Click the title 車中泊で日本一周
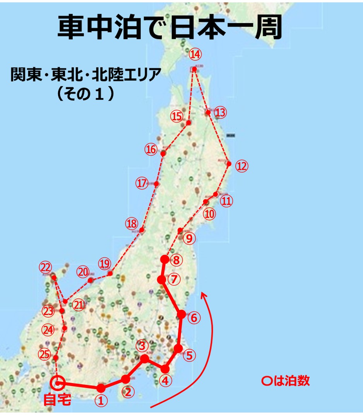[170, 28]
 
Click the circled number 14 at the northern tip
[195, 55]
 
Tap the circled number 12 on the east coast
[241, 166]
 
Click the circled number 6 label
[194, 318]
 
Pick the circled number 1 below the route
[101, 401]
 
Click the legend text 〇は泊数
[286, 381]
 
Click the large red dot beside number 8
[165, 259]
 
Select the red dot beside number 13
[208, 113]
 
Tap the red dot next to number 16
[163, 154]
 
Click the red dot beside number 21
[66, 302]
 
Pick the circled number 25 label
[45, 354]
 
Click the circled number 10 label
[209, 214]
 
